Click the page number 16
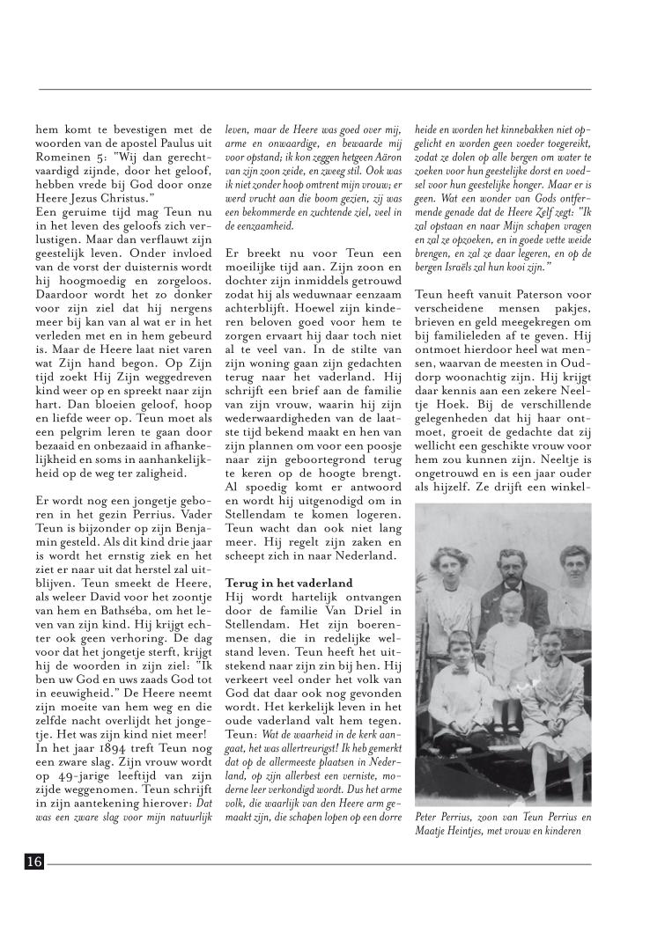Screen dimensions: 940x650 [x=34, y=862]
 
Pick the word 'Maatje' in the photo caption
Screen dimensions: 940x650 [x=434, y=832]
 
